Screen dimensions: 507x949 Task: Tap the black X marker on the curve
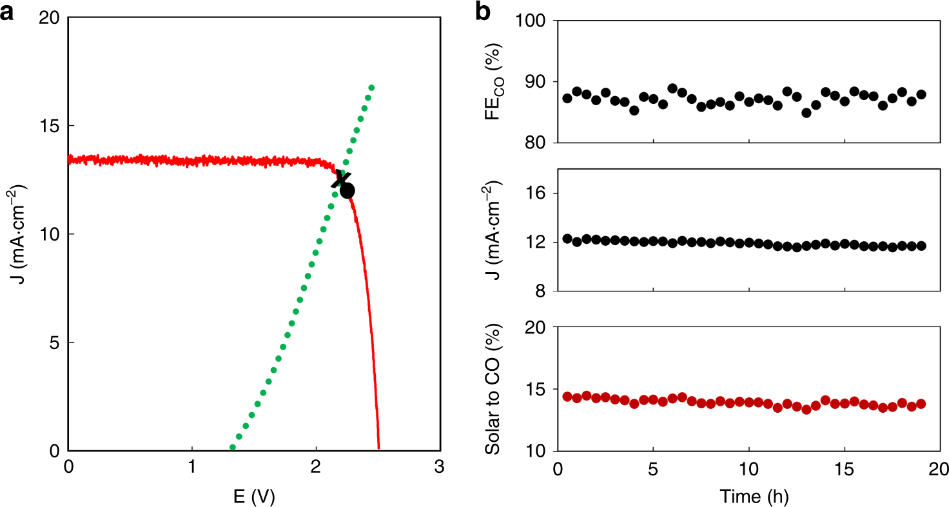pos(341,179)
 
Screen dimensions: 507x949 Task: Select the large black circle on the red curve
pos(347,191)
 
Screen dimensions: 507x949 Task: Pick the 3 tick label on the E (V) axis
pos(439,467)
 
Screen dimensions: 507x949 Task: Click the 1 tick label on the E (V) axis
pos(191,467)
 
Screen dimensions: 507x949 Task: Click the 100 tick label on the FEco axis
pos(533,21)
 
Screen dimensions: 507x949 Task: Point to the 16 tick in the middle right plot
pos(537,194)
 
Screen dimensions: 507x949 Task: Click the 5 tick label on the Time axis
pos(653,467)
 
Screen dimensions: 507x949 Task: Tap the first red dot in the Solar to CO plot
pos(567,397)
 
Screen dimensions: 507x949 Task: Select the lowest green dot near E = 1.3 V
pos(233,447)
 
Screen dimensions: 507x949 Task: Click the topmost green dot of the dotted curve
pos(371,88)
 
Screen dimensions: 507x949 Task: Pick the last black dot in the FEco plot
pos(921,94)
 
